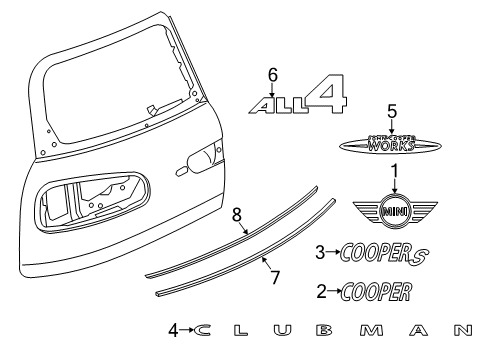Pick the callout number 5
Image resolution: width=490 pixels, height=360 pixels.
click(x=393, y=111)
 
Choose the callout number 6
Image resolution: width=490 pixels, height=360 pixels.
click(x=270, y=73)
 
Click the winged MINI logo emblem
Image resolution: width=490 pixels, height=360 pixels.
click(x=393, y=212)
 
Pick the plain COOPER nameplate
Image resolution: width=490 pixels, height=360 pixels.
click(x=376, y=293)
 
